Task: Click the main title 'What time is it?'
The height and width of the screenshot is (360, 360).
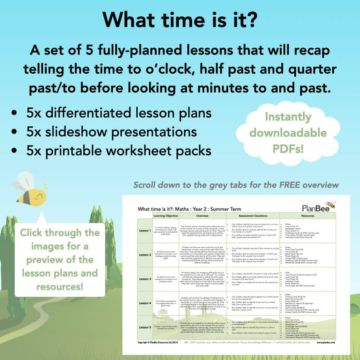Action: tap(180, 19)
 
